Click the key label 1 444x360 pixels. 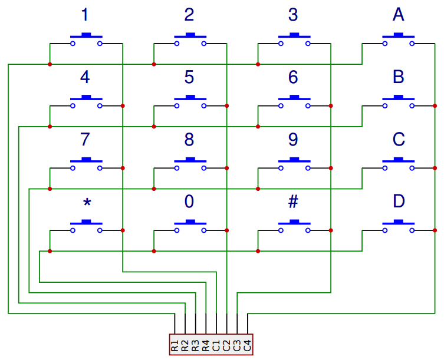point(85,15)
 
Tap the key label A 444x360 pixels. point(399,15)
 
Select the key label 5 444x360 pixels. point(189,77)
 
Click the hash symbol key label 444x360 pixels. point(293,202)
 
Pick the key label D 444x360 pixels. point(399,202)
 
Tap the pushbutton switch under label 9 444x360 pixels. point(294,164)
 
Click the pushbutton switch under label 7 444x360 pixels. point(86,164)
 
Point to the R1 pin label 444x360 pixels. point(175,345)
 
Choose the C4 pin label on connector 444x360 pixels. point(248,345)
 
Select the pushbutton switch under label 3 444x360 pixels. point(294,39)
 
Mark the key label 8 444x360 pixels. point(189,140)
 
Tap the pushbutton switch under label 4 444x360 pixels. point(86,102)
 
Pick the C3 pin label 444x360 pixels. point(237,345)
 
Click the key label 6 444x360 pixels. point(293,77)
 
